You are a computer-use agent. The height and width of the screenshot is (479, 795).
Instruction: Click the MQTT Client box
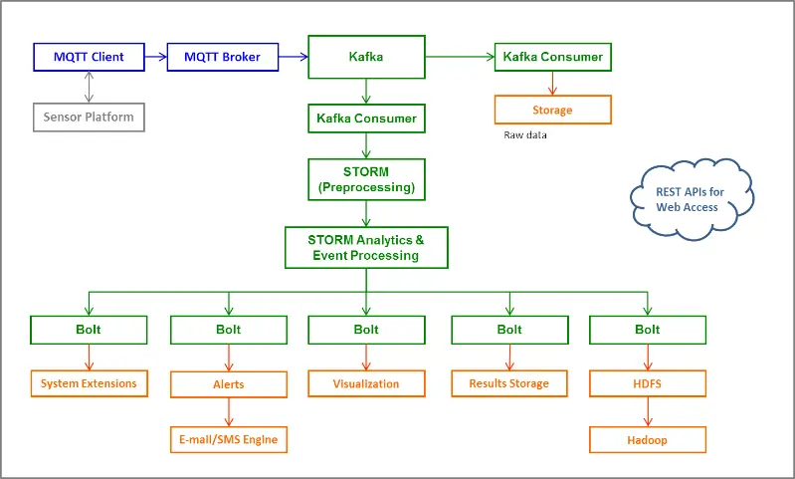(x=89, y=57)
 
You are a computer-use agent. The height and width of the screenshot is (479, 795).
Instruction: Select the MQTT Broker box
(x=222, y=57)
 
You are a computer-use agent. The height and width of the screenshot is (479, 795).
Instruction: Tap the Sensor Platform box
(x=89, y=118)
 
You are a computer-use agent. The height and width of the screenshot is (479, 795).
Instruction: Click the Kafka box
(x=366, y=58)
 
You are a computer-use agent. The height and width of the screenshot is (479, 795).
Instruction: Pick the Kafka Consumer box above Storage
(x=552, y=57)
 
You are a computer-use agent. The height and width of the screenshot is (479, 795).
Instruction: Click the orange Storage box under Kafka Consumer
(x=552, y=109)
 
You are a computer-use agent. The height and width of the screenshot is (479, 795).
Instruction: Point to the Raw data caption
(x=525, y=135)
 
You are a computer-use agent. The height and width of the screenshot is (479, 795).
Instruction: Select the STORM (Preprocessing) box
(x=366, y=180)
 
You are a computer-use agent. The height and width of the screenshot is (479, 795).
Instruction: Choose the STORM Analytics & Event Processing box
(x=366, y=248)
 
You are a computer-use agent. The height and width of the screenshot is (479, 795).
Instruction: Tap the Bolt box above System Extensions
(x=89, y=330)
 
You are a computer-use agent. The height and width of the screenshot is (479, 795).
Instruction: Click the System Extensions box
(x=89, y=382)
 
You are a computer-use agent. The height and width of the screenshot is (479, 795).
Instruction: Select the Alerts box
(x=229, y=383)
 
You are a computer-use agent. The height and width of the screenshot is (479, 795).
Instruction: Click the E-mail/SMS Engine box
(x=229, y=439)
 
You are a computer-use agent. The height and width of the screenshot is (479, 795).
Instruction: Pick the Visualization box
(x=366, y=383)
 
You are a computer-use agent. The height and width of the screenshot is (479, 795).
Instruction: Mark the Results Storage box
(x=508, y=382)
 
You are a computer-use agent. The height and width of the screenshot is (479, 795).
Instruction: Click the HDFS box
(x=648, y=383)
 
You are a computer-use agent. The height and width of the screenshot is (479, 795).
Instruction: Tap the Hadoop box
(x=648, y=439)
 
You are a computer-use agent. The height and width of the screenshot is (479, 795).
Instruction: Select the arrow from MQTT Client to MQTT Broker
(x=156, y=57)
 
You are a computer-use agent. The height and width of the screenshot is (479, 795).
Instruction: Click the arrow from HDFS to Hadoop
(x=648, y=411)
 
